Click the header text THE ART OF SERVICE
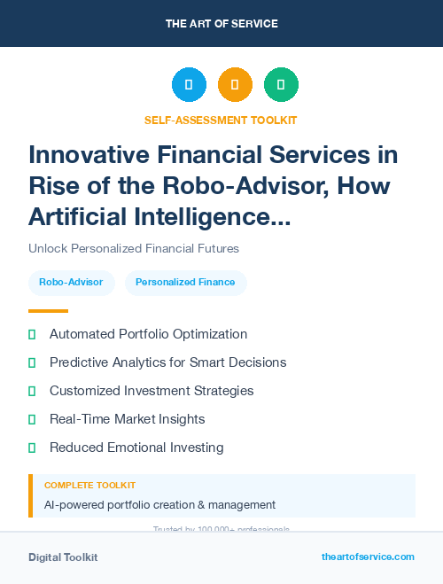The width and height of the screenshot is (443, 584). [x=221, y=24]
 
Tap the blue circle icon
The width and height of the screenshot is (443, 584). [x=189, y=85]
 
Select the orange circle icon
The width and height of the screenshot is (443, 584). [x=235, y=85]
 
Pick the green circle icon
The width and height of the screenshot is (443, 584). [x=281, y=85]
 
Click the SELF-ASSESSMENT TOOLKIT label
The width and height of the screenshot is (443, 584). [x=221, y=120]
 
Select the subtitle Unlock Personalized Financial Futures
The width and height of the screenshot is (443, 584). [x=134, y=248]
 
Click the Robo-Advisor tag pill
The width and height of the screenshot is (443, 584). [x=71, y=283]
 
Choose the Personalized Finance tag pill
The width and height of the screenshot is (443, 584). [x=185, y=283]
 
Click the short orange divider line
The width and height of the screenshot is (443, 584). [x=48, y=311]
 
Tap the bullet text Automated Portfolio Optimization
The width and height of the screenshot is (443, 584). [x=148, y=334]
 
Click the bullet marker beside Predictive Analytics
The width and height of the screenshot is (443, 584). [x=32, y=362]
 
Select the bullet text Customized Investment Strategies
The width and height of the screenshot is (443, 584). [x=152, y=391]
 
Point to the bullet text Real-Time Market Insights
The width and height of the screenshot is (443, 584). [x=127, y=419]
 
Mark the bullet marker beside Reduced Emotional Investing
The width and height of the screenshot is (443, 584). [x=32, y=448]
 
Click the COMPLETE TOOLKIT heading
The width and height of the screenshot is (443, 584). [x=89, y=486]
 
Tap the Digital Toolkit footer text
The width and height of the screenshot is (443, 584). [x=63, y=557]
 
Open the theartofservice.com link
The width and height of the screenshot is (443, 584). [x=368, y=557]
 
